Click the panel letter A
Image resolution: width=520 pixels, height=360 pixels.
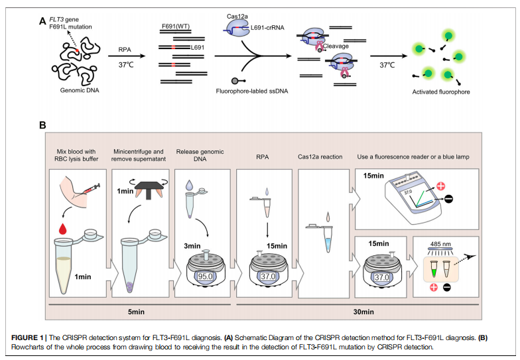(x=43, y=21)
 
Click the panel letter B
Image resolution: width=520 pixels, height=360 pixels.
(x=43, y=125)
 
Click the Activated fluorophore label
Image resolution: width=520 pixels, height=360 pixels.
(x=441, y=91)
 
